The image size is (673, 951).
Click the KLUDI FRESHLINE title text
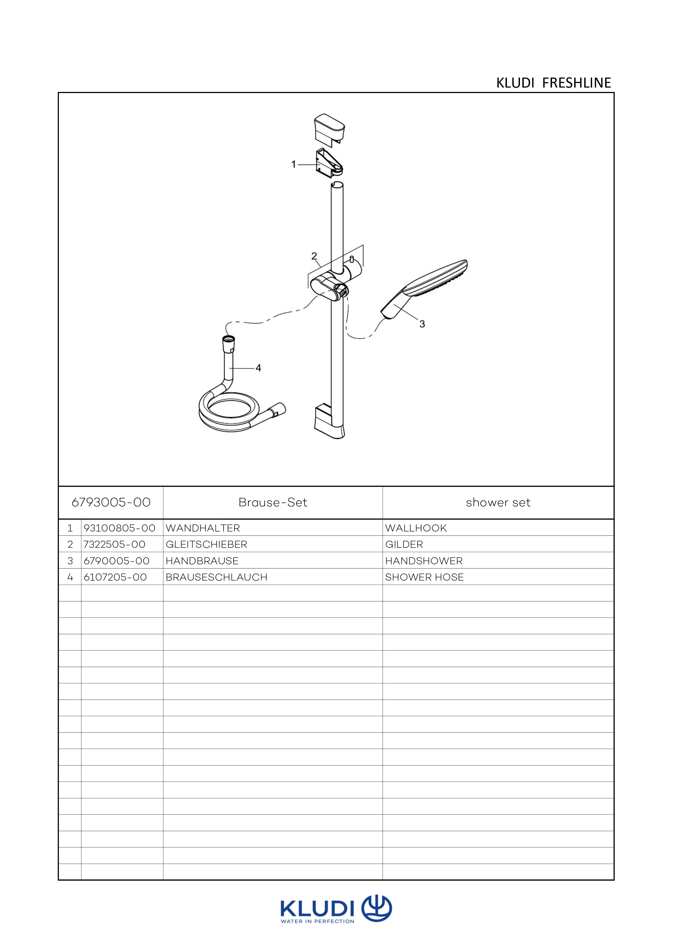[553, 83]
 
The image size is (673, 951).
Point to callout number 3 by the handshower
[422, 324]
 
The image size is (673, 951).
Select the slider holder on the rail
[329, 286]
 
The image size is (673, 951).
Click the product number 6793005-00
[111, 502]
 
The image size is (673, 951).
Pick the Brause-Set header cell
[273, 502]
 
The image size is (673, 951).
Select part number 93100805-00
[119, 528]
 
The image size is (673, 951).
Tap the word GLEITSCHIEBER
[206, 544]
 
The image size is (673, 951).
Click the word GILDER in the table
[404, 544]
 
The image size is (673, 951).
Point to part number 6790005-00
[116, 561]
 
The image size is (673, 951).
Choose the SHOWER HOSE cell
[424, 577]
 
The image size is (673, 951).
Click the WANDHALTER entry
[203, 528]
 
